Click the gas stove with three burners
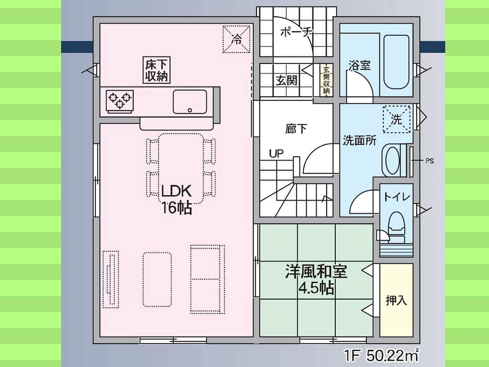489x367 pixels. [x=120, y=101]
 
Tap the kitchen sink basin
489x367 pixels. [x=190, y=102]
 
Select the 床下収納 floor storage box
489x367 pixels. [x=157, y=70]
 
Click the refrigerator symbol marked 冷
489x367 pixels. [x=236, y=39]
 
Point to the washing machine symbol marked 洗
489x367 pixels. [x=397, y=119]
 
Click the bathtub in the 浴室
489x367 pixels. [x=396, y=62]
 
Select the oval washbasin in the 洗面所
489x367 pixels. [x=393, y=160]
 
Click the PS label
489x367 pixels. [x=429, y=161]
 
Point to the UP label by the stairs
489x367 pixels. [x=276, y=153]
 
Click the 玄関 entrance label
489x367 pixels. [x=287, y=80]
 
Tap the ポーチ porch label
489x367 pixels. [x=296, y=32]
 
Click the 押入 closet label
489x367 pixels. [x=396, y=300]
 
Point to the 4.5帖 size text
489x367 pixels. [x=316, y=288]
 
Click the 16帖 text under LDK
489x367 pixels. [x=176, y=207]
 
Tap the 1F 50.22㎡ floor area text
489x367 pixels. [x=381, y=355]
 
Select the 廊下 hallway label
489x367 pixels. [x=296, y=129]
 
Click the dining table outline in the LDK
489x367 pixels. [x=181, y=169]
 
